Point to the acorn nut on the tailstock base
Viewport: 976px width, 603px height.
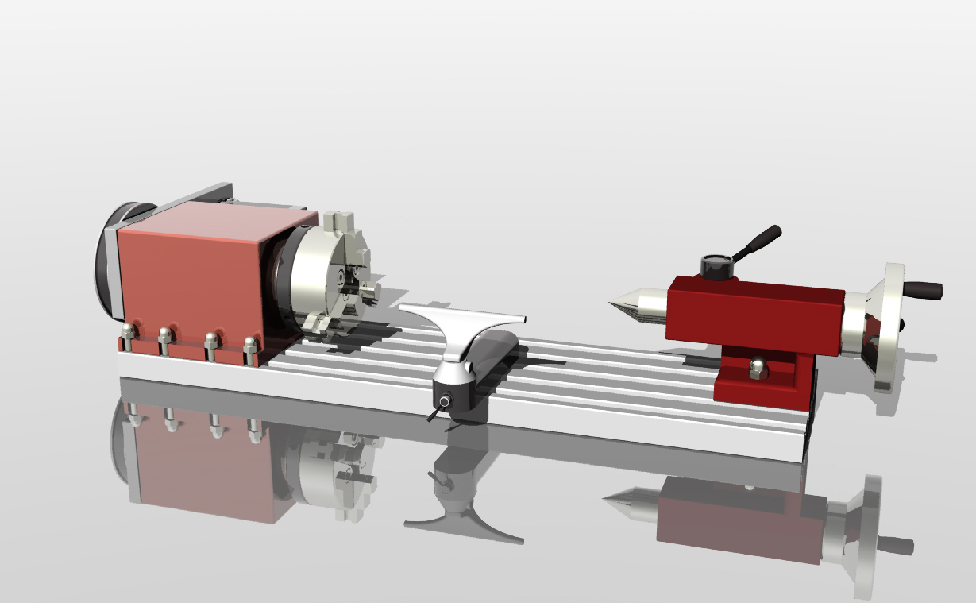[758, 367]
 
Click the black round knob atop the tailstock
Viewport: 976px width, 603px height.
[716, 265]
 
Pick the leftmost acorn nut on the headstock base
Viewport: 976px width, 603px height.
[126, 331]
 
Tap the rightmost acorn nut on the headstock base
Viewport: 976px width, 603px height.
[250, 345]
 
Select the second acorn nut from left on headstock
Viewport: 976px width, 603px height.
[165, 335]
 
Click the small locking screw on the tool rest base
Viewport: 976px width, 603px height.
[443, 402]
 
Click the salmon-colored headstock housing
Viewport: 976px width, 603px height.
[191, 270]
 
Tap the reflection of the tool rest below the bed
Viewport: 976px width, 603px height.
[461, 508]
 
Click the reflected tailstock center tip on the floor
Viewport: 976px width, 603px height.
[606, 499]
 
